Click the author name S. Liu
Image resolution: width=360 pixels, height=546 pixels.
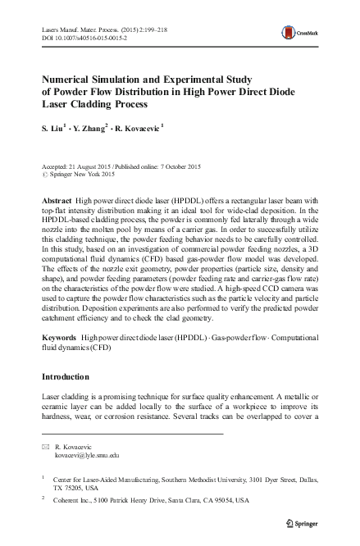click(52, 128)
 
